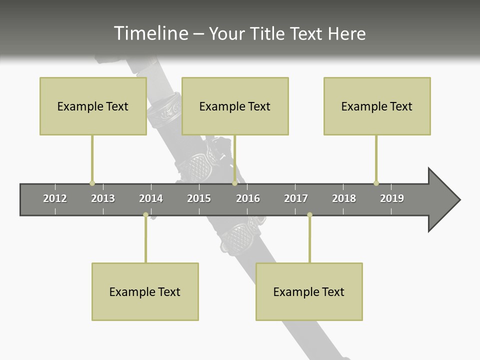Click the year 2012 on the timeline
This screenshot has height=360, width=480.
tap(55, 198)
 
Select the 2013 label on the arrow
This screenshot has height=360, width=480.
tap(103, 198)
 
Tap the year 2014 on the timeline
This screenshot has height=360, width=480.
tap(151, 198)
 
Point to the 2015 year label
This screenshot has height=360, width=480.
tap(199, 198)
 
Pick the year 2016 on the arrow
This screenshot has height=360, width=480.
tap(248, 198)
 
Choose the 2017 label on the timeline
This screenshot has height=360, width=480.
tap(296, 198)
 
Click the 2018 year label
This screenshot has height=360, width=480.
tap(344, 198)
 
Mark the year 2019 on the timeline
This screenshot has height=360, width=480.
tap(392, 198)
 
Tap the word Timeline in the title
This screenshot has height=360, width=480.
tap(150, 33)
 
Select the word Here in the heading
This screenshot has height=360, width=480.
tap(346, 33)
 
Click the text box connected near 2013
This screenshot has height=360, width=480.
tap(93, 106)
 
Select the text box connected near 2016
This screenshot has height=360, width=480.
tap(235, 106)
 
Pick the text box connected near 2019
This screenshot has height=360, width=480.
tap(377, 106)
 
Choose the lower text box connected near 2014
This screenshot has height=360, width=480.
tap(145, 291)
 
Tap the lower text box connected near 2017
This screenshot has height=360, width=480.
tap(309, 291)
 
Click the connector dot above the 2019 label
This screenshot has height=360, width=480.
tap(376, 183)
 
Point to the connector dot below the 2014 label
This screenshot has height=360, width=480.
tap(145, 215)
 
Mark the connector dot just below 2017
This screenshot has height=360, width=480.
tap(309, 215)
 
